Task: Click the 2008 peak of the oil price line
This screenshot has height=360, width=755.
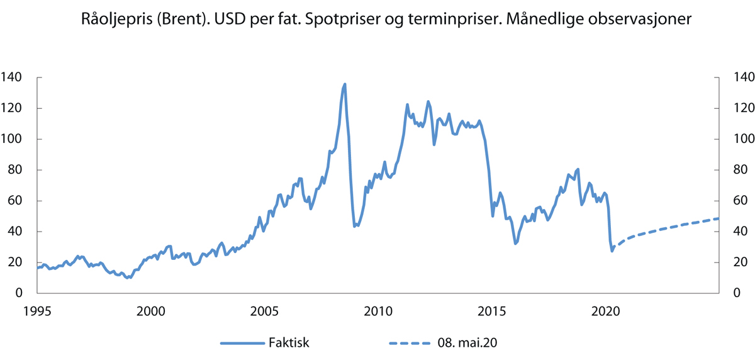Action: (345, 84)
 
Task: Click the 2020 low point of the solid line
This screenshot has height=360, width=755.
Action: (612, 251)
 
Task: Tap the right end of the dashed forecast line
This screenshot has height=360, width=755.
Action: (717, 218)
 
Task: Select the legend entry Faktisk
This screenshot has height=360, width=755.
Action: (287, 343)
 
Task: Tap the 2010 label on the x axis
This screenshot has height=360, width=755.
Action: (377, 311)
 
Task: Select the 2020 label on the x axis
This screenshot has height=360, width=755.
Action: (605, 311)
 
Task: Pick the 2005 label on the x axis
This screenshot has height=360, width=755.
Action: (264, 311)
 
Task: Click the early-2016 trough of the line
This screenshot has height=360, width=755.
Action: (515, 244)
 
